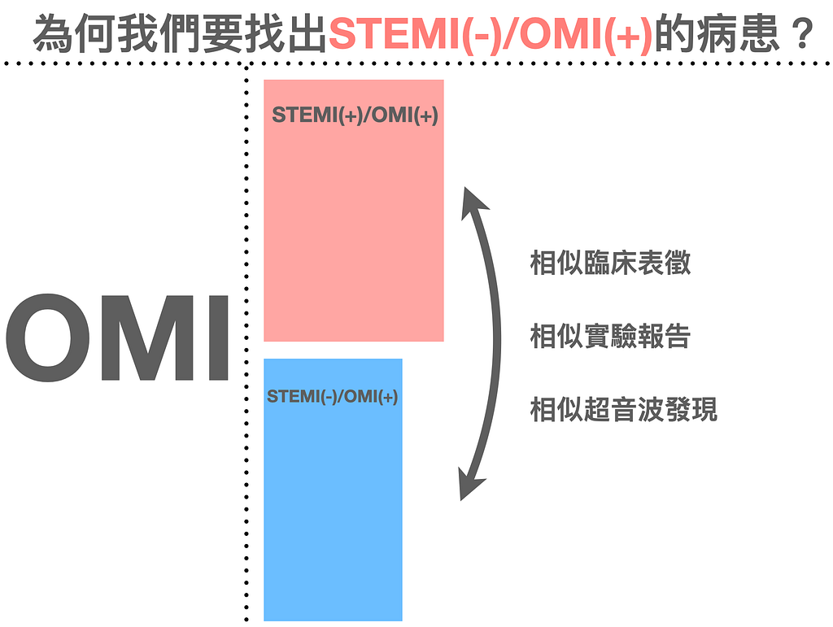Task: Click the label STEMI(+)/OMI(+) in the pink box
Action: (355, 115)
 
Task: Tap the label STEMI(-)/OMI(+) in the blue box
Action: (333, 397)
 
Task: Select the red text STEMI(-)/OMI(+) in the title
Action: (491, 35)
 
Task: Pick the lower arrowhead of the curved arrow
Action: (469, 485)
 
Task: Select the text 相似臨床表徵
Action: (610, 263)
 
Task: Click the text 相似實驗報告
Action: (610, 336)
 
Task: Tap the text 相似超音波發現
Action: (624, 409)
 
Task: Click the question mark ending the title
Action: (801, 35)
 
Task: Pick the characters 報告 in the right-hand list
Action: (665, 336)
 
